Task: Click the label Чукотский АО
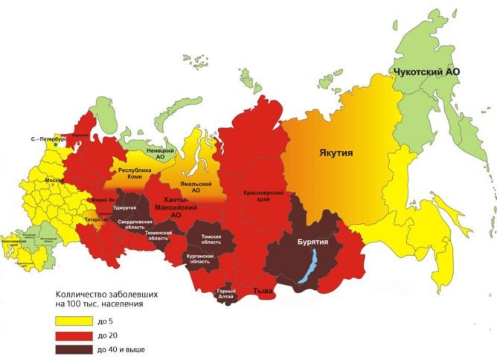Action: click(425, 71)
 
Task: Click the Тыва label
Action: click(261, 289)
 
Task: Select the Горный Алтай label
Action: click(226, 294)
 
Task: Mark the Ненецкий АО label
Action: click(160, 154)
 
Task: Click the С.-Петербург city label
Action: click(48, 139)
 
